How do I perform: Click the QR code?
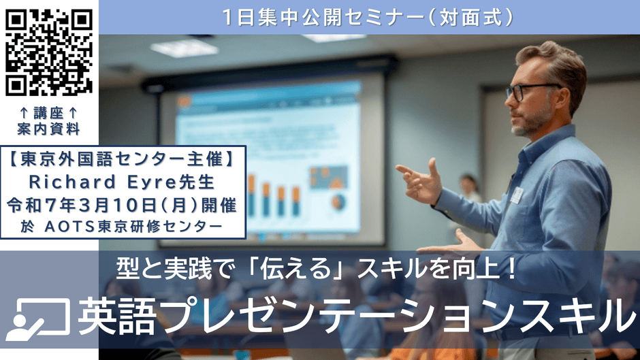pyautogui.click(x=49, y=52)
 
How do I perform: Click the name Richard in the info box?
pyautogui.click(x=72, y=182)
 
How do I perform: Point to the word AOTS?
pyautogui.click(x=69, y=227)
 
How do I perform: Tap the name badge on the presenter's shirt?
pyautogui.click(x=517, y=195)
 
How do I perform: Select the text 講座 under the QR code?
pyautogui.click(x=48, y=113)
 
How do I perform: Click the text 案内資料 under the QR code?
pyautogui.click(x=48, y=129)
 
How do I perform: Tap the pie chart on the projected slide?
pyautogui.click(x=338, y=201)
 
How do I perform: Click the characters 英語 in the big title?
pyautogui.click(x=116, y=317)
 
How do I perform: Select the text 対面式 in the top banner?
pyautogui.click(x=470, y=18)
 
